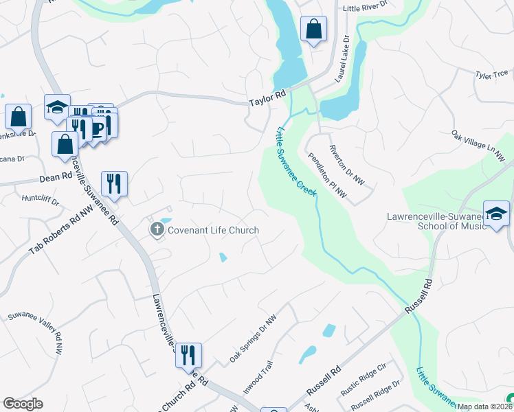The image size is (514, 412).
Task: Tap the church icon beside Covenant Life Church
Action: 157,229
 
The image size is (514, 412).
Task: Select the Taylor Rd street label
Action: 267,100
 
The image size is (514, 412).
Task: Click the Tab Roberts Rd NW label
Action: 60,230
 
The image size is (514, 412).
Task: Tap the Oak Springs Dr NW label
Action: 253,339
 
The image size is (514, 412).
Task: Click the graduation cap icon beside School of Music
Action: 496,214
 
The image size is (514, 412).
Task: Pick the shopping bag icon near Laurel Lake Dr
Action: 313,30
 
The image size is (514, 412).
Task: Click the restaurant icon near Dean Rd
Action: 114,183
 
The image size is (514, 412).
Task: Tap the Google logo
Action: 23,404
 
